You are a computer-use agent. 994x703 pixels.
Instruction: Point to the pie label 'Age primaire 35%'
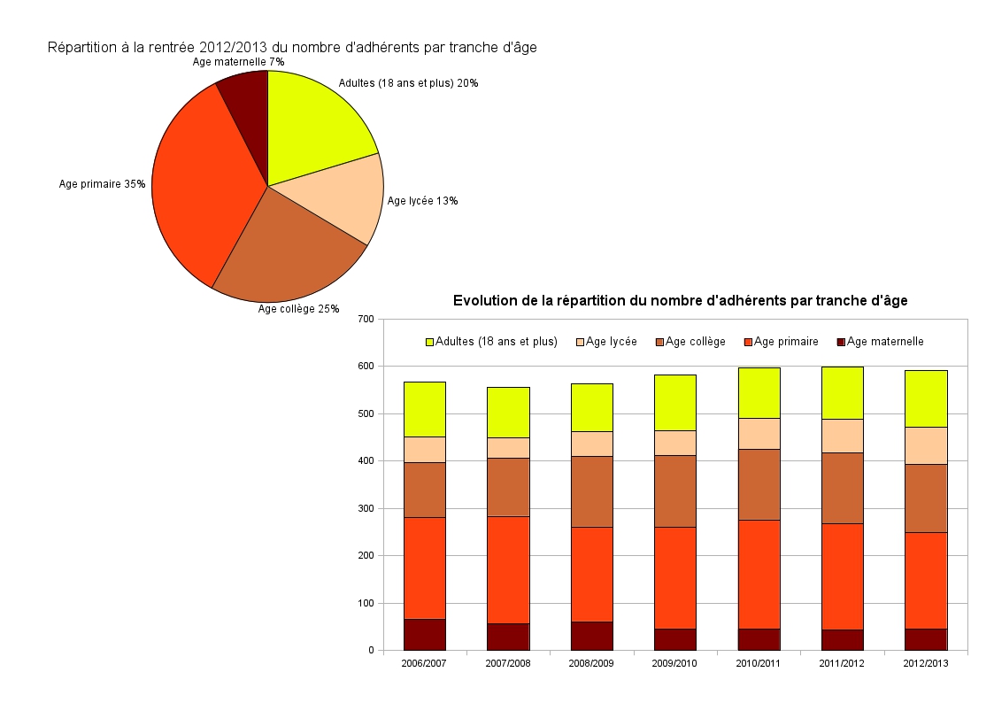pos(102,184)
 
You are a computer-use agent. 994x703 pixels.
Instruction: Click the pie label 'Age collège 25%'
pos(298,309)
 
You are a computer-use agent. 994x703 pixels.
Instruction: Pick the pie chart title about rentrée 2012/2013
pos(292,47)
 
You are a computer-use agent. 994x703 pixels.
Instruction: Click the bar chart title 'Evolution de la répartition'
pos(680,301)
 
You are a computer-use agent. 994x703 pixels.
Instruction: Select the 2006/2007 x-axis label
pos(425,663)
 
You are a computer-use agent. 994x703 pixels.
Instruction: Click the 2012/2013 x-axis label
pos(926,663)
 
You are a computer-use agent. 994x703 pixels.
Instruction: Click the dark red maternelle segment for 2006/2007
pos(425,634)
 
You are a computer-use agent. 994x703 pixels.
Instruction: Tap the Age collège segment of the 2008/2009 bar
pos(591,491)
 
